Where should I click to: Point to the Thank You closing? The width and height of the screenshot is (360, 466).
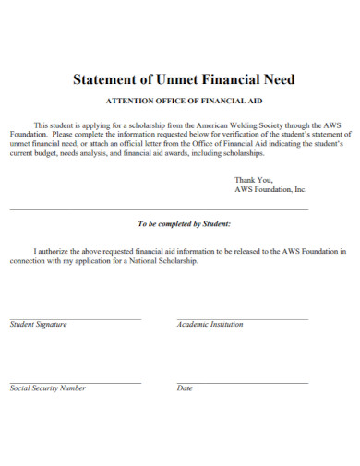254,179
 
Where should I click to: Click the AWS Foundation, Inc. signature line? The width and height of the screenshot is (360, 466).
270,189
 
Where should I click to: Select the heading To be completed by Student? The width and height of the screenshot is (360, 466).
184,224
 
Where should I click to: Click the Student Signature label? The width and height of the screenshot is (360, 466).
38,325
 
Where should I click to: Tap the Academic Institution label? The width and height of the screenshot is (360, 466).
210,325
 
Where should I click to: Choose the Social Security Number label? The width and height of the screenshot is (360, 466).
47,388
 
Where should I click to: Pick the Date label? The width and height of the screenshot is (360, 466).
185,388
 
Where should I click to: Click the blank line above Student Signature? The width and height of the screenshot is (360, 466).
75,319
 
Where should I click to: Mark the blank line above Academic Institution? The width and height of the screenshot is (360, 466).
242,319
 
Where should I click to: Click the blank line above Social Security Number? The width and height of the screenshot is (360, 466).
75,383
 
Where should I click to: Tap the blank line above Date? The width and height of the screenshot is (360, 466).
242,383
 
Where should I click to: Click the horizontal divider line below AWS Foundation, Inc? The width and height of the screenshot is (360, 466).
159,210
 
